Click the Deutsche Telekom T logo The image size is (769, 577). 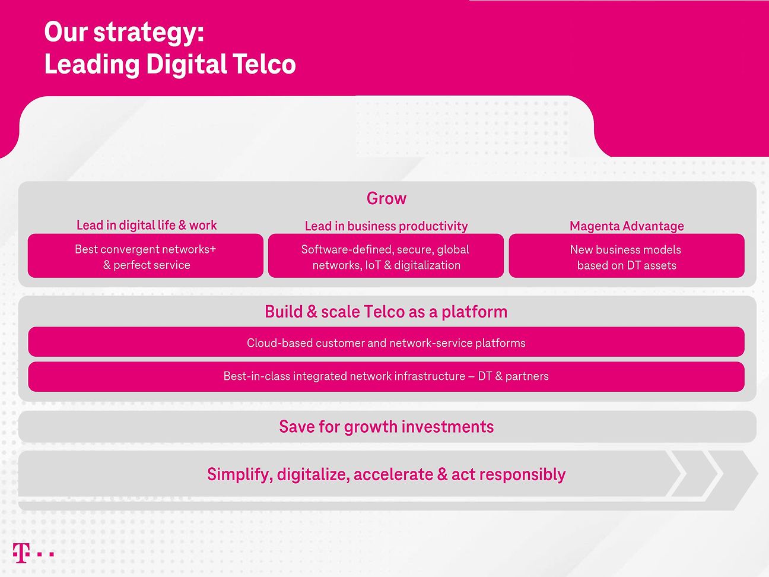21,553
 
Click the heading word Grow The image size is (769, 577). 386,198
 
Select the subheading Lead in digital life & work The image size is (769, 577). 147,225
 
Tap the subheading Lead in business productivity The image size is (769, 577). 386,226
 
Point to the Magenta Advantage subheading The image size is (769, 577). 627,226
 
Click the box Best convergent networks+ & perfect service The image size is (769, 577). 145,256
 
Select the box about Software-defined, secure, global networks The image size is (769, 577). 386,256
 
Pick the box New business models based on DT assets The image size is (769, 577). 627,256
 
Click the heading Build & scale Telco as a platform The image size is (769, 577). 386,312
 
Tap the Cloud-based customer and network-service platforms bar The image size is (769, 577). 386,343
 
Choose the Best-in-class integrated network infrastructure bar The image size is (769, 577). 386,376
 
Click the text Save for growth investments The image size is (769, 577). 386,427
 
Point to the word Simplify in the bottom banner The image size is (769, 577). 239,475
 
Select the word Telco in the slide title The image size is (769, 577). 264,65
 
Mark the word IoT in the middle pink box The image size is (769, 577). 373,265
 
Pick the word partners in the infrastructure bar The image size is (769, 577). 527,376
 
